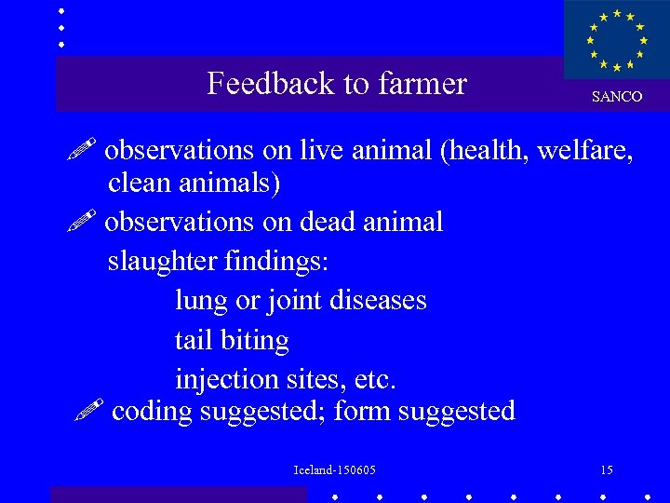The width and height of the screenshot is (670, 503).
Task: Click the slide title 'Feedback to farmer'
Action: (x=336, y=84)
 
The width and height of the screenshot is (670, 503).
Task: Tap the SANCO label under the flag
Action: (x=617, y=97)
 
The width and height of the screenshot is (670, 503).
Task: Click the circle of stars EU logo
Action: (x=616, y=41)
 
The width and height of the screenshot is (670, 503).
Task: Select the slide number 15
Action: (x=607, y=469)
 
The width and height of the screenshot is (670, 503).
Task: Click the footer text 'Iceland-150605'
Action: (x=334, y=470)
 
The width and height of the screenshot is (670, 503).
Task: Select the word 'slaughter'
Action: (x=162, y=262)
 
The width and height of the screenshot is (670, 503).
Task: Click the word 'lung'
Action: (x=201, y=302)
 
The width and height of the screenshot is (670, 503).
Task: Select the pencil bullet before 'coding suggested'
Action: (x=89, y=410)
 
